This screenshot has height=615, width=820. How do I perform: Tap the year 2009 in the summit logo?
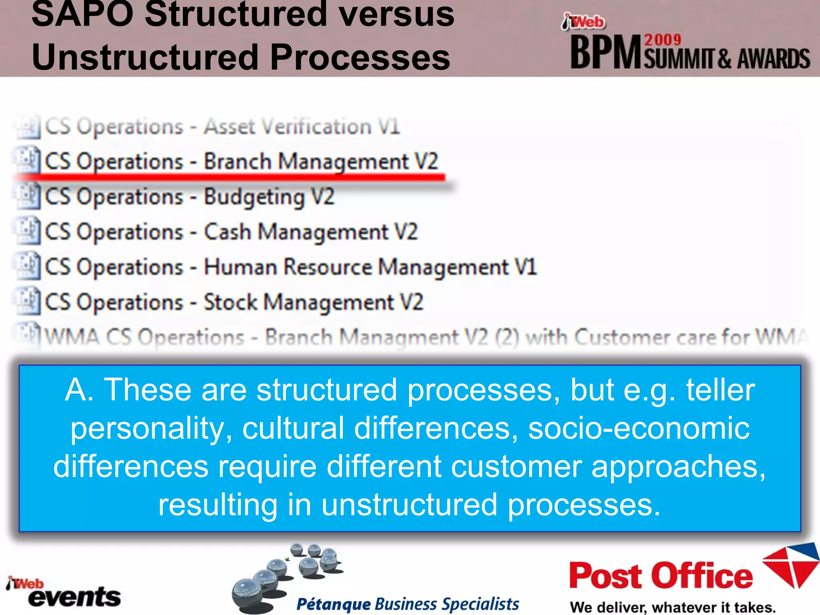point(663,40)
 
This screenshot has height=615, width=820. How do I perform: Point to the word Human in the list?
point(240,267)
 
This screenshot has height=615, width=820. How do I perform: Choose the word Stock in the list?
point(230,302)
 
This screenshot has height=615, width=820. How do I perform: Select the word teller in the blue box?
point(720,390)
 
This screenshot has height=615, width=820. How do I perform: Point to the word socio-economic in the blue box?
point(639,428)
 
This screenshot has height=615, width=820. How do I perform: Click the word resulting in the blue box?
point(218,505)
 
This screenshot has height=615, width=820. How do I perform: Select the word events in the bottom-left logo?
point(74,597)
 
